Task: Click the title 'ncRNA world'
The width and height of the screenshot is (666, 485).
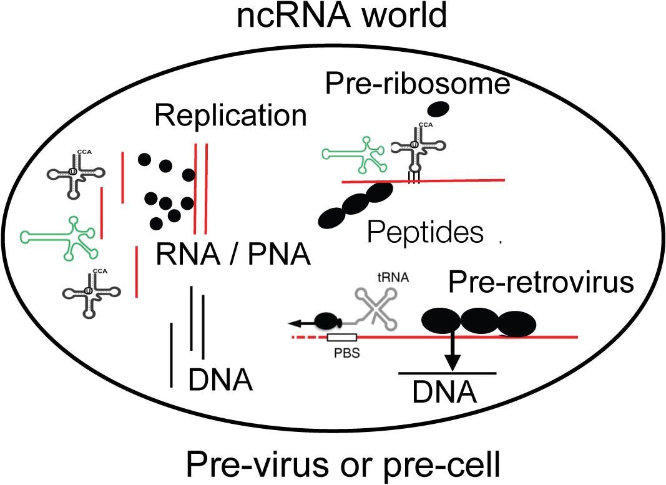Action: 341,16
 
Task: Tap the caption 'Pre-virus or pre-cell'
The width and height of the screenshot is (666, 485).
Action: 341,464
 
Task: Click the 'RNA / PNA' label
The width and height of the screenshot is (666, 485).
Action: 233,256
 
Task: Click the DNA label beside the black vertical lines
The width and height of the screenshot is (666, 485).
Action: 220,379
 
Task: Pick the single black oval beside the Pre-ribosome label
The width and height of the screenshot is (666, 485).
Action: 440,109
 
